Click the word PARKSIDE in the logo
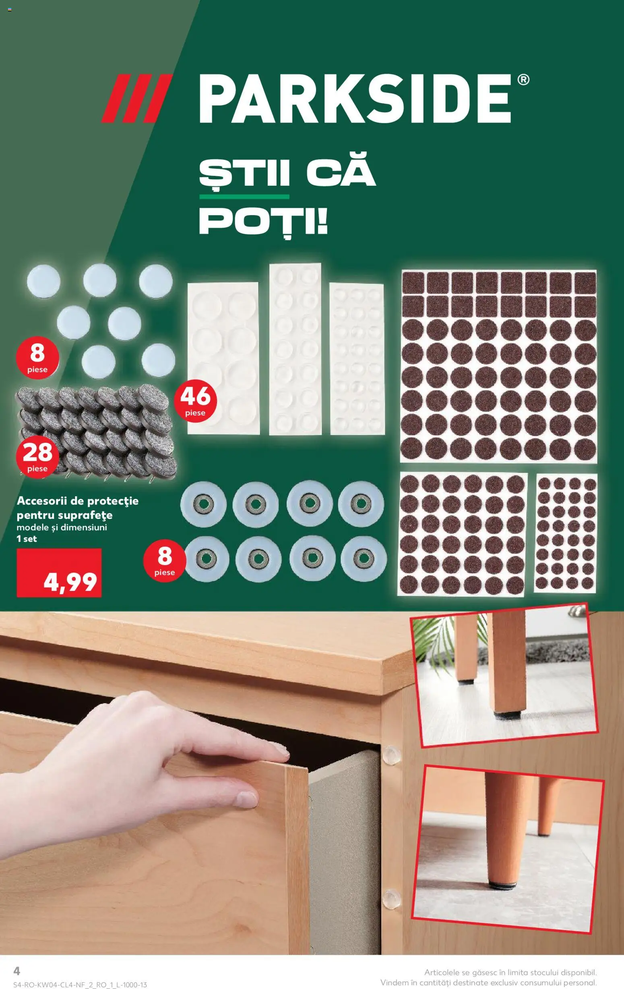[355, 99]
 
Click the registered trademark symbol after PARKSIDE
[523, 80]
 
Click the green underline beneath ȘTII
[244, 197]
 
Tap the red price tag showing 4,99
[59, 572]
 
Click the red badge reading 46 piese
[195, 400]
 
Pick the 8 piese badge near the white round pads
[37, 357]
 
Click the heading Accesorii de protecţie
[78, 501]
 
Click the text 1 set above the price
[27, 539]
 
